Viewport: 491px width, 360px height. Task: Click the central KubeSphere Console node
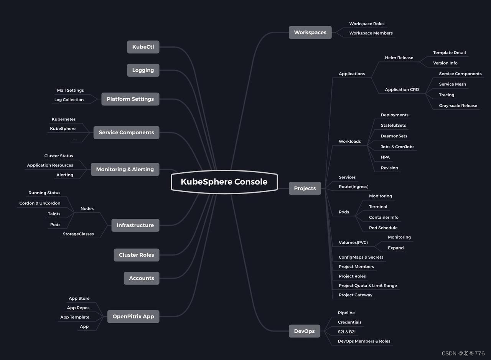point(224,182)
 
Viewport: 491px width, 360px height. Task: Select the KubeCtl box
point(143,47)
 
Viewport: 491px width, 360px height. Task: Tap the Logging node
point(143,70)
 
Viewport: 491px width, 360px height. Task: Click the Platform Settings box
point(130,99)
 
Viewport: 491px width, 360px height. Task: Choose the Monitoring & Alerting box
point(125,169)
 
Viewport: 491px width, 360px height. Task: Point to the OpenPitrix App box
point(133,317)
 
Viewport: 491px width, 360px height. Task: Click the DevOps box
point(304,331)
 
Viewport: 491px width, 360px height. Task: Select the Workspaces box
point(310,33)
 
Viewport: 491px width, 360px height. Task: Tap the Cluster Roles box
point(136,255)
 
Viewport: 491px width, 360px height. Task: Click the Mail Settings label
point(70,91)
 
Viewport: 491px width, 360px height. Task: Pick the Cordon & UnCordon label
point(40,203)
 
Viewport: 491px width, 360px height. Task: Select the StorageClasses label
point(78,234)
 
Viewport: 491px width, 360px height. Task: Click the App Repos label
point(78,308)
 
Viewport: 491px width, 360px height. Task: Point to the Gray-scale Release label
point(458,106)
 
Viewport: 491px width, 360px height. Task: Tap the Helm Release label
point(399,58)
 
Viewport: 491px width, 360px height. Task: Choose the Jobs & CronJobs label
point(397,147)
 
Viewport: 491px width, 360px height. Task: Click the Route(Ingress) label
point(353,187)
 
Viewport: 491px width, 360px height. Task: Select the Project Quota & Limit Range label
point(367,286)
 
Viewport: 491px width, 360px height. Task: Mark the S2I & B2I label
point(347,332)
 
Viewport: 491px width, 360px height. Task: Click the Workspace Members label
point(371,33)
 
